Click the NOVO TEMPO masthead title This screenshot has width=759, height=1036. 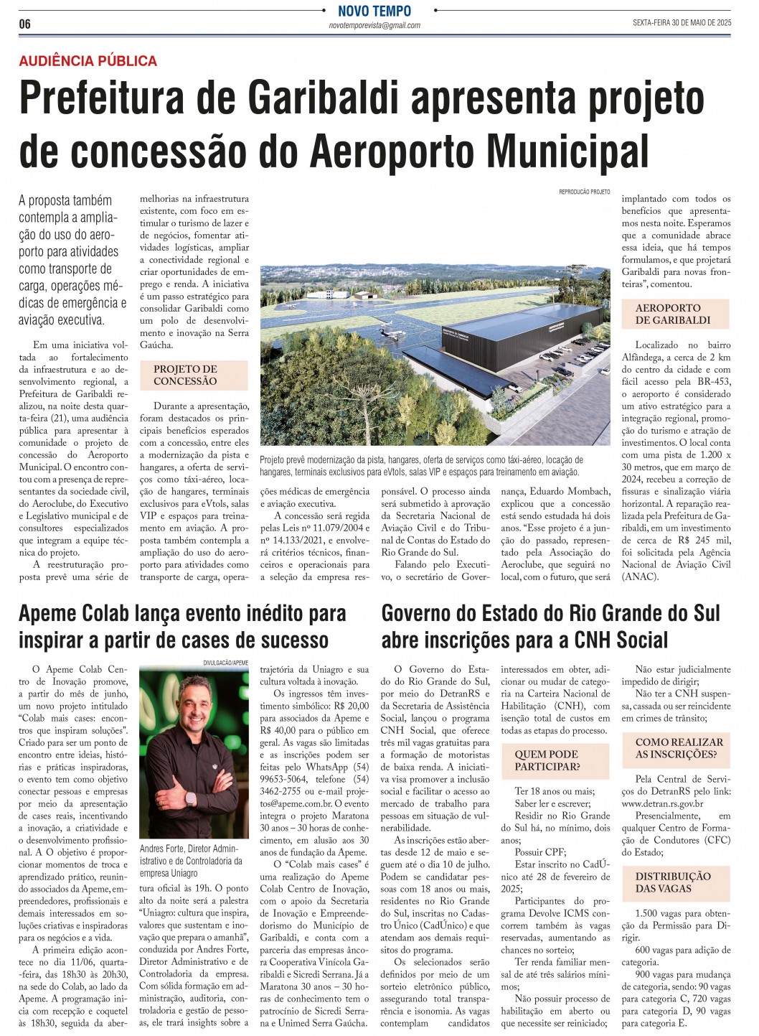pyautogui.click(x=374, y=11)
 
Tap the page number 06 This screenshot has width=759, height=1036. pyautogui.click(x=25, y=24)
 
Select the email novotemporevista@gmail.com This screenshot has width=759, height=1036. pyautogui.click(x=374, y=25)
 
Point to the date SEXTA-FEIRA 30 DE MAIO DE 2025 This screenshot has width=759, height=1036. pyautogui.click(x=682, y=23)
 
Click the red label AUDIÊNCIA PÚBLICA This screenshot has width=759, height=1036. pyautogui.click(x=88, y=61)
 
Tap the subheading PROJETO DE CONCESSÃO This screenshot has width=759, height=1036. pyautogui.click(x=185, y=375)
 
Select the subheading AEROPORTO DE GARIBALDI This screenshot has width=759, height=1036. pyautogui.click(x=673, y=314)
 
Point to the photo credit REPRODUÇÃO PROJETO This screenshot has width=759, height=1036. pyautogui.click(x=584, y=192)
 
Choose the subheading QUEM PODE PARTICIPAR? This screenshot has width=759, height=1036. pyautogui.click(x=546, y=760)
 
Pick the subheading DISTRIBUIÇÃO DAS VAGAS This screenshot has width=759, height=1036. pyautogui.click(x=673, y=882)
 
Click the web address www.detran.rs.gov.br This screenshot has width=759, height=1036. pyautogui.click(x=662, y=803)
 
